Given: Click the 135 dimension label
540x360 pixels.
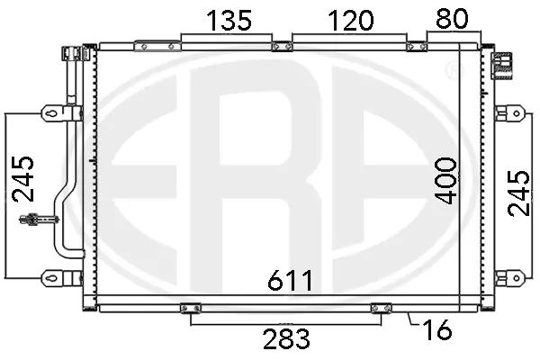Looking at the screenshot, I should coord(227,20).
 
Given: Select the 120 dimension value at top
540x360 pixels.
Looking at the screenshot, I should coord(350,20).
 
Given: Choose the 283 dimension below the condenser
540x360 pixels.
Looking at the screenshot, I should coord(285,339).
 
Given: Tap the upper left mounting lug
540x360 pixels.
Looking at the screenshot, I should coord(52,112).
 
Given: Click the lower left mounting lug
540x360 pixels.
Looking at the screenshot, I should coord(52,277).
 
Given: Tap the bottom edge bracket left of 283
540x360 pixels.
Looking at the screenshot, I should coord(190,309).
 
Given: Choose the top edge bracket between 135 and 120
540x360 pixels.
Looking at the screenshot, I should coord(282,46).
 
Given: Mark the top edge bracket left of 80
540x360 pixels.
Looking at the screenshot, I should coord(417,46).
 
